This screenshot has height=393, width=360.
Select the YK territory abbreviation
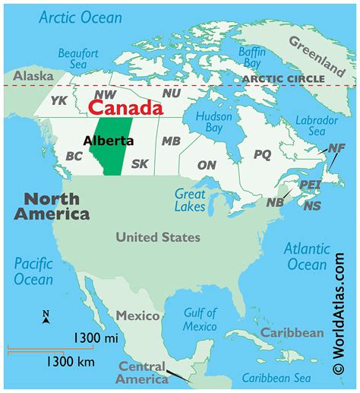coord(59,100)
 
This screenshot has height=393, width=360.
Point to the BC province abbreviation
coord(74,156)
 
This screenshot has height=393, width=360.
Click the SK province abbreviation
coord(140,163)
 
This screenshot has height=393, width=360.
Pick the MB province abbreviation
coord(171,141)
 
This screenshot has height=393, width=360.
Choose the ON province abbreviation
coord(207,164)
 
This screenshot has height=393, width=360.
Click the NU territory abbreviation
coord(172,93)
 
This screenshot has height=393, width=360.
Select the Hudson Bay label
coord(213,124)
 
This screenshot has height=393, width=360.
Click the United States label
coord(158,237)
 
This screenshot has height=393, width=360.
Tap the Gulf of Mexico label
coord(201,319)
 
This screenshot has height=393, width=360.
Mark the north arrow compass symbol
coord(46,318)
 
